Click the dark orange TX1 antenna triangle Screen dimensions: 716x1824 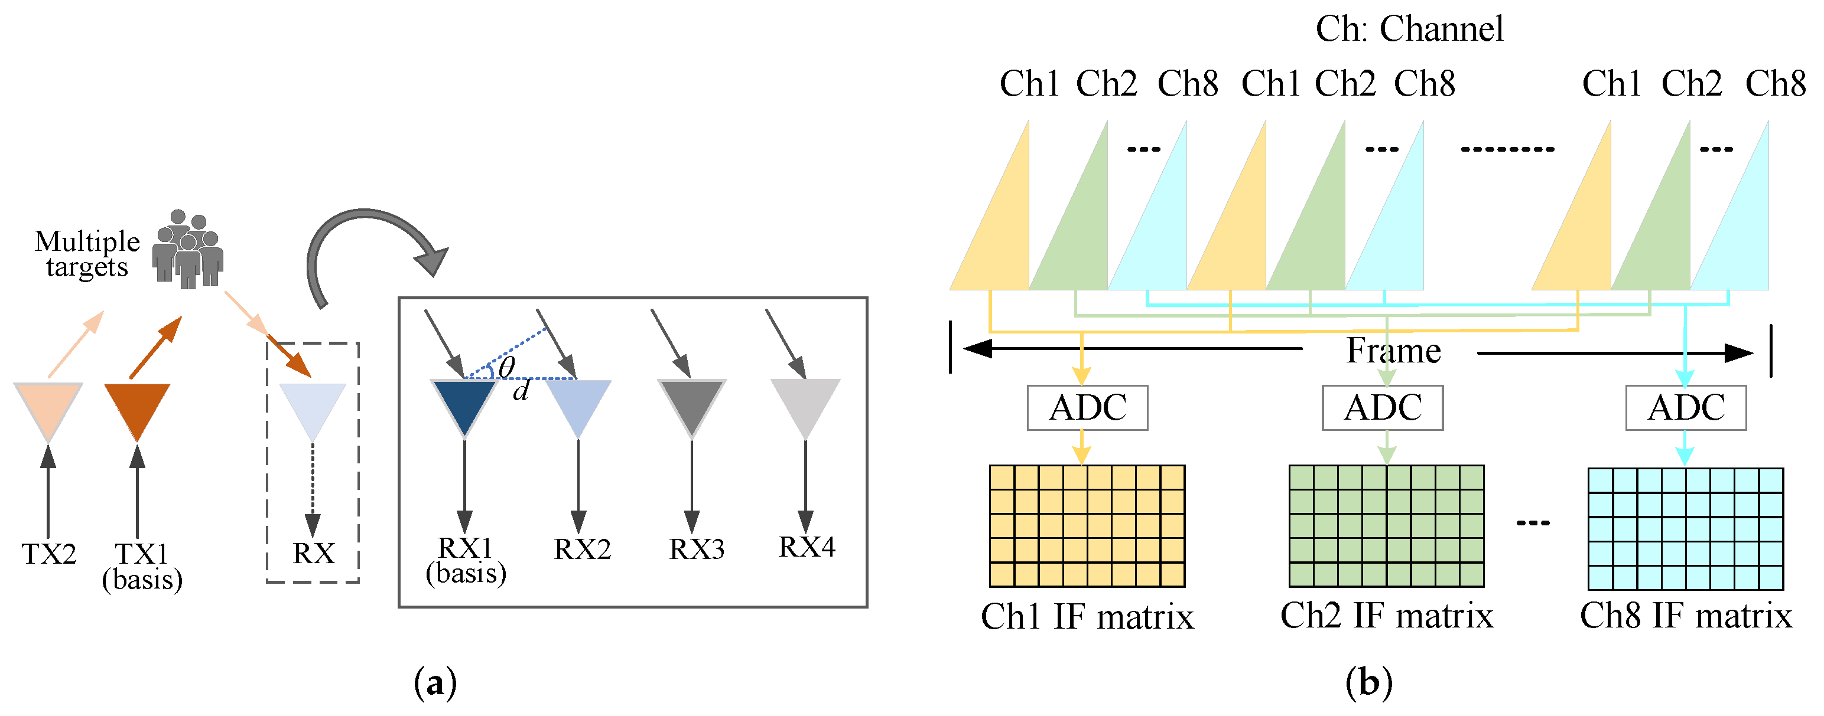(x=136, y=406)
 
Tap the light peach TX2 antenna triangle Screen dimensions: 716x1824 (x=48, y=406)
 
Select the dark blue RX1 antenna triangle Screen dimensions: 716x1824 (x=464, y=402)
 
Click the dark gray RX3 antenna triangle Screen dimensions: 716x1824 (x=692, y=402)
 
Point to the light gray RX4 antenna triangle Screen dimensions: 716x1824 (x=805, y=402)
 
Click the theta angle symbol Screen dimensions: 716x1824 (x=507, y=367)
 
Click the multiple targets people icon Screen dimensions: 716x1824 (x=188, y=250)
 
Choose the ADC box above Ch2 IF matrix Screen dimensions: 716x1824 (x=1382, y=407)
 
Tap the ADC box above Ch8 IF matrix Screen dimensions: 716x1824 (x=1685, y=407)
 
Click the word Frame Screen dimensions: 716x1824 (x=1393, y=350)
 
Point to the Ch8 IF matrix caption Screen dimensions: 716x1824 (x=1685, y=615)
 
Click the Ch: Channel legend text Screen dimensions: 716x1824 (x=1409, y=29)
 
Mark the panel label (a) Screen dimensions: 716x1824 (x=435, y=683)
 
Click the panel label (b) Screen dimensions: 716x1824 (x=1368, y=683)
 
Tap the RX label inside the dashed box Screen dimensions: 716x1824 (x=313, y=552)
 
